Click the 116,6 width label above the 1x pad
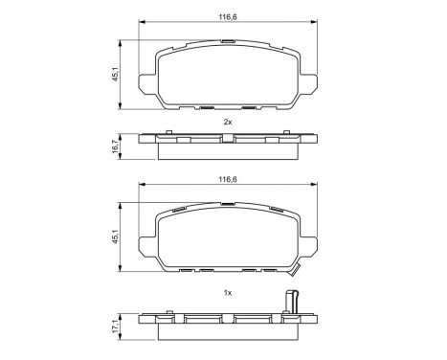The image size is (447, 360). click(x=227, y=176)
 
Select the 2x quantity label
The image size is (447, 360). click(x=227, y=123)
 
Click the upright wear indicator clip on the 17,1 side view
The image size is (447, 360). click(x=294, y=305)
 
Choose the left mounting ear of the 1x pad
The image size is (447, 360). click(x=148, y=240)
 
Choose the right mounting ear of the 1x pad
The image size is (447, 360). click(x=306, y=240)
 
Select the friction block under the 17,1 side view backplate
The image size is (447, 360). click(x=227, y=326)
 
